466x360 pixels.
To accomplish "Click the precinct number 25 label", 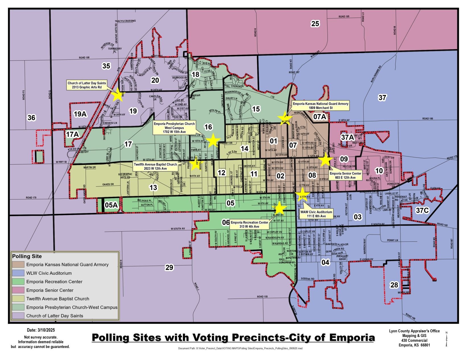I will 315,24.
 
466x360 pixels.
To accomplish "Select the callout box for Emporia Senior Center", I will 345,175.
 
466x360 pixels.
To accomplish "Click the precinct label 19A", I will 80,114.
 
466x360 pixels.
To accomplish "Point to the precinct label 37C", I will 422,210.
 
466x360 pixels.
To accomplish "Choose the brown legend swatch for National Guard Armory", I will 18,264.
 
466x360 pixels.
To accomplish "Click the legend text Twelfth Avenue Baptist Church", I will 57,299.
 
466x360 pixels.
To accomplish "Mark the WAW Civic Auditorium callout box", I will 316,214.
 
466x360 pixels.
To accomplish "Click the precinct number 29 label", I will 169,267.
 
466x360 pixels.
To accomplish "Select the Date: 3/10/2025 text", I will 41,330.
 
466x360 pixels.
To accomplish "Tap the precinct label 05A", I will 111,205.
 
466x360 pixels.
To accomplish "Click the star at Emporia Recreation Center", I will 280,208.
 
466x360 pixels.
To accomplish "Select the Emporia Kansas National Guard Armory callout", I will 320,106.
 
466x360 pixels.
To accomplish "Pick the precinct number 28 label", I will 394,285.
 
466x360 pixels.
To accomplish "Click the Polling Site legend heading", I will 27,256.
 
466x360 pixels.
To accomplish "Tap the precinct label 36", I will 31,117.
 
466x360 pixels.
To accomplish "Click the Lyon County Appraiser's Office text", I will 414,331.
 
